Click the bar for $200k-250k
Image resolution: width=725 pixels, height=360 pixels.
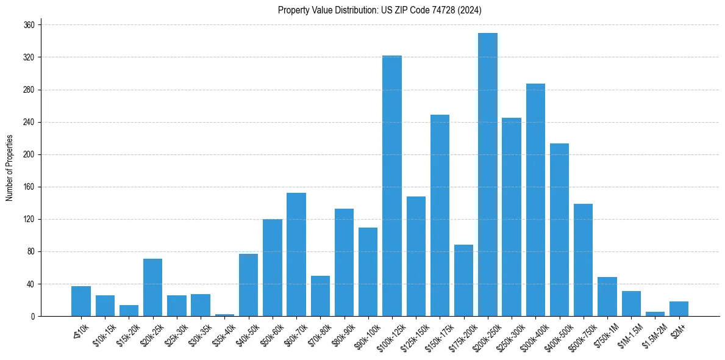coord(488,175)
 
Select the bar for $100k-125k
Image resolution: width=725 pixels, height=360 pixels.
coord(392,186)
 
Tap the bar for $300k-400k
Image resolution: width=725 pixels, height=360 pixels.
coord(535,200)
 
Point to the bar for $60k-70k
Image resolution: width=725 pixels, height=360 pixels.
coord(296,254)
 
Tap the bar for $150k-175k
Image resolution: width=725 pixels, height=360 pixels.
coord(440,215)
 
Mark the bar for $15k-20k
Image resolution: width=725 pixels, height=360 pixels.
coord(129,311)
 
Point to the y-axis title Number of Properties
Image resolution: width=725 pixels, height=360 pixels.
coord(9,168)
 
